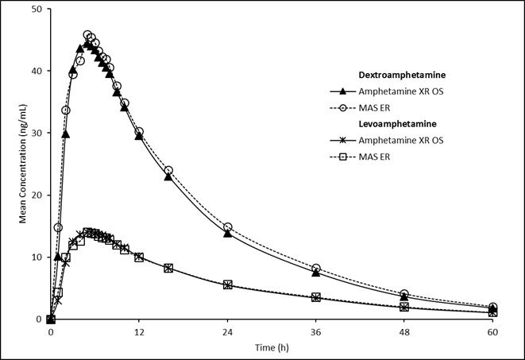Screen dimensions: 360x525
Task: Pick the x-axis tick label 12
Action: (139, 331)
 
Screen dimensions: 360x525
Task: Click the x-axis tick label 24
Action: (227, 331)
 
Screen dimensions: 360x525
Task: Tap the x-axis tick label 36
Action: (316, 331)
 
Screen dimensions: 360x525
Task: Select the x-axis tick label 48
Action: (404, 331)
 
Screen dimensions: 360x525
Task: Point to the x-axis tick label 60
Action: (492, 331)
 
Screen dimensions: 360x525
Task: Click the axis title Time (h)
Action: (271, 347)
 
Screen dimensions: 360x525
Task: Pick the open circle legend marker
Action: (344, 108)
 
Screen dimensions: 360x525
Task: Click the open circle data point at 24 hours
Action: (227, 227)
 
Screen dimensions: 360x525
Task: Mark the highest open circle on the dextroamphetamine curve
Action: (87, 35)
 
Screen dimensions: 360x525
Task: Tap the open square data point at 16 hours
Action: (168, 268)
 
